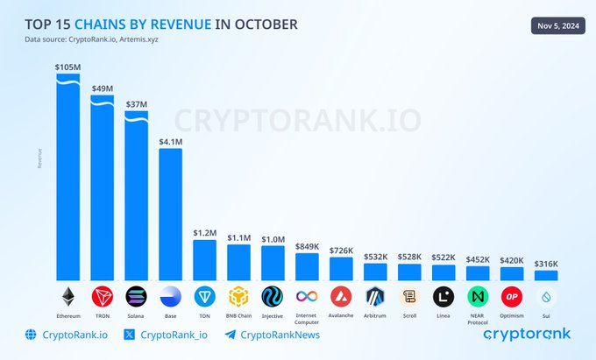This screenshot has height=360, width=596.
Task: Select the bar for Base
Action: pyautogui.click(x=170, y=215)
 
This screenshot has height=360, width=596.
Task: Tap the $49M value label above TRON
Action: pyautogui.click(x=102, y=88)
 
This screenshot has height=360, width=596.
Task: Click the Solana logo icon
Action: pyautogui.click(x=136, y=295)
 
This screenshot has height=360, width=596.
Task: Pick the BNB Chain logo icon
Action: pyautogui.click(x=238, y=295)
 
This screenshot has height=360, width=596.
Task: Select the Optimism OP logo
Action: pyautogui.click(x=512, y=295)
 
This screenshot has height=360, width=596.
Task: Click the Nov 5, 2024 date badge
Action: pyautogui.click(x=555, y=25)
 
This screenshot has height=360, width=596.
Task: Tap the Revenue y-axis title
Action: pyautogui.click(x=39, y=158)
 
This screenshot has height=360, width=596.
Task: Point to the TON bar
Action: pyautogui.click(x=204, y=260)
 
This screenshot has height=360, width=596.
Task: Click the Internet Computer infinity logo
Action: pyautogui.click(x=307, y=295)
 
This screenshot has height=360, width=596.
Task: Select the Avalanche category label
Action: pyautogui.click(x=341, y=314)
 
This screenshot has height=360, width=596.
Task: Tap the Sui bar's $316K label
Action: pyautogui.click(x=546, y=264)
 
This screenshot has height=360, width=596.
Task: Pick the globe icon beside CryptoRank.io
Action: pyautogui.click(x=32, y=334)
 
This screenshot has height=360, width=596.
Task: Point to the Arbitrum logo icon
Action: pyautogui.click(x=375, y=295)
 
